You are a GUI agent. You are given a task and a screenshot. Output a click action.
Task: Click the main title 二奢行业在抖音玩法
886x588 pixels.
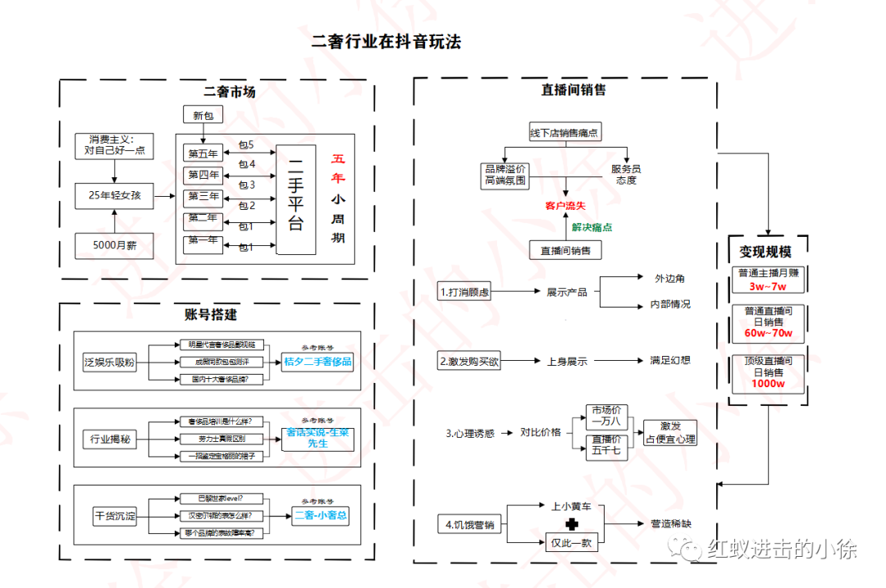coord(386,42)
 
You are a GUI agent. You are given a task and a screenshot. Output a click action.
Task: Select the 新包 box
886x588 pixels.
coord(203,116)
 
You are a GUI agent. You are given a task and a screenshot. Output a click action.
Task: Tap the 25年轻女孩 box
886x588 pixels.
coord(114,195)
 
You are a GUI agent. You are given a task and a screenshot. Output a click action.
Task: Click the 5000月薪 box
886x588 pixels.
coord(114,244)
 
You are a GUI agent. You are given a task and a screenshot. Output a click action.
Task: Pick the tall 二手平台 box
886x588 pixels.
coord(295,200)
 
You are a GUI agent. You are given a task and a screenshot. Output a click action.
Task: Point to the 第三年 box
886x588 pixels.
coord(203,197)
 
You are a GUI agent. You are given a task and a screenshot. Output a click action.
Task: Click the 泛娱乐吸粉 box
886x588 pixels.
coord(111,361)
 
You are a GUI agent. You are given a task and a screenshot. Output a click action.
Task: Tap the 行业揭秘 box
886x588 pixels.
coord(111,439)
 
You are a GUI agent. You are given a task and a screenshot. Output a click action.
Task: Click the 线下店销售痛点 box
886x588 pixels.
coord(564,132)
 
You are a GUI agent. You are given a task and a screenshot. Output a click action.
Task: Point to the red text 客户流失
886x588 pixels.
coord(565,205)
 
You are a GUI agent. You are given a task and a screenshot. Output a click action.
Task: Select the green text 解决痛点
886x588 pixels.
coord(591,227)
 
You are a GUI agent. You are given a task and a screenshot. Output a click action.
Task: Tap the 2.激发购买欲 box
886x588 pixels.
coord(468,361)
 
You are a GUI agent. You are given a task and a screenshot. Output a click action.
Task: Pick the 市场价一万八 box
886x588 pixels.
coord(606,416)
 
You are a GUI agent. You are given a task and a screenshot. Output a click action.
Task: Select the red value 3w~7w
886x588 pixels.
coord(767,287)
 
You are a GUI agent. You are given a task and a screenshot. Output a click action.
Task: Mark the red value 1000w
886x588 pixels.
coord(767,384)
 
